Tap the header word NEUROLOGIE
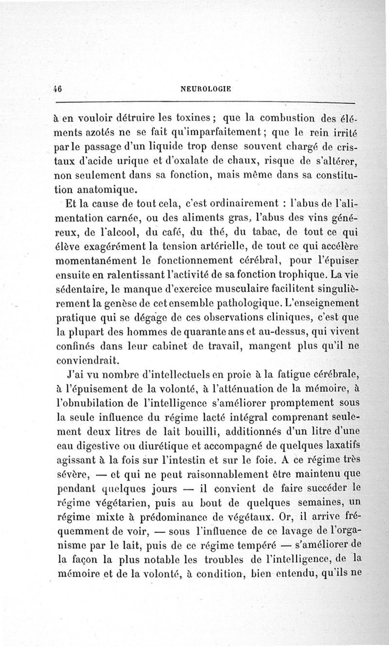(206, 89)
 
